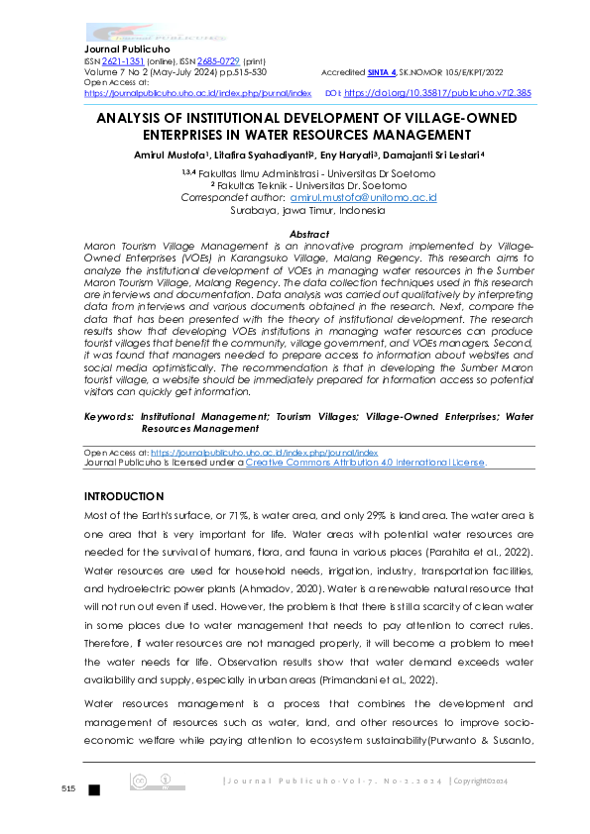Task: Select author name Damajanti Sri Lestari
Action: (x=430, y=156)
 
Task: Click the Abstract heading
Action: (x=295, y=234)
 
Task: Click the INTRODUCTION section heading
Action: (x=124, y=496)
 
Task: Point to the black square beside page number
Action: (x=94, y=789)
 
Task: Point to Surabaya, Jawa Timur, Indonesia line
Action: (x=295, y=211)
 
